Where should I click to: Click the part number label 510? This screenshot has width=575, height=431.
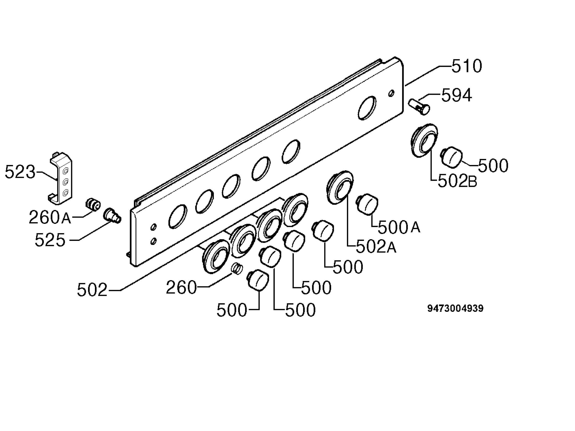(x=467, y=66)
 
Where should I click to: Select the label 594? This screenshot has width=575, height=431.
(x=457, y=95)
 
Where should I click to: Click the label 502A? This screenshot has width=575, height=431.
(x=376, y=246)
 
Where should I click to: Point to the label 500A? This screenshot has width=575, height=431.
(x=399, y=227)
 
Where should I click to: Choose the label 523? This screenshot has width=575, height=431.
(x=20, y=172)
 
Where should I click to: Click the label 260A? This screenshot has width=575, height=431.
(x=50, y=217)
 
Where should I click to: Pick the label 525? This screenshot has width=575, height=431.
(x=50, y=240)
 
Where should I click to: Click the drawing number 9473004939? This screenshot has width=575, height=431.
(x=455, y=308)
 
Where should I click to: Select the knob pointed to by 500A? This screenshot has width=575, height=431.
(x=367, y=204)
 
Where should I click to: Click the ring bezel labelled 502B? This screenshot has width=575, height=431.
(x=424, y=140)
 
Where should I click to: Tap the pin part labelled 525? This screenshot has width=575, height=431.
(x=112, y=215)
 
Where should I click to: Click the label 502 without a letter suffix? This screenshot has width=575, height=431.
(x=92, y=290)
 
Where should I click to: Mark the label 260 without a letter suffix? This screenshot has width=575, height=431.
(x=181, y=287)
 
